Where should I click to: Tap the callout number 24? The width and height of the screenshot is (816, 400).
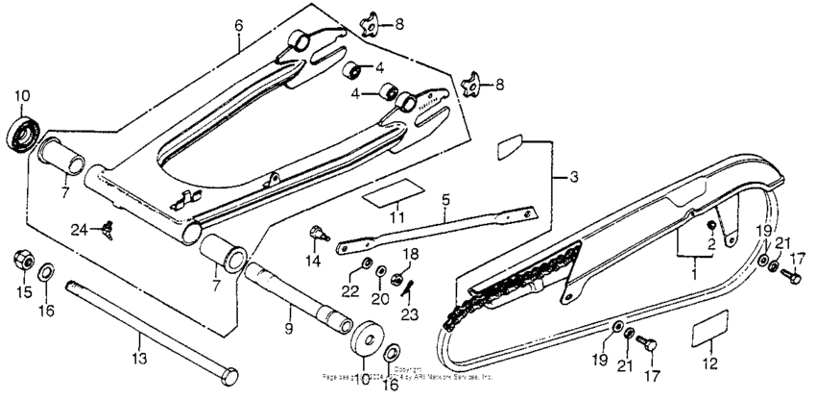point(78,228)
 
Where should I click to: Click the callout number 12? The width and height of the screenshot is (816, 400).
point(710,364)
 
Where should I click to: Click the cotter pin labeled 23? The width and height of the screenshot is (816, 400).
point(407,285)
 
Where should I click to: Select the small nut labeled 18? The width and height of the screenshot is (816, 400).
point(396,279)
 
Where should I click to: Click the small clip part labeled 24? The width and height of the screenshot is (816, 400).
point(108,227)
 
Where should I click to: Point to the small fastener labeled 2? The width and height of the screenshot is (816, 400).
point(711,225)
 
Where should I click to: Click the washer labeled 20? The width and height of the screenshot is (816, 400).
point(381,271)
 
